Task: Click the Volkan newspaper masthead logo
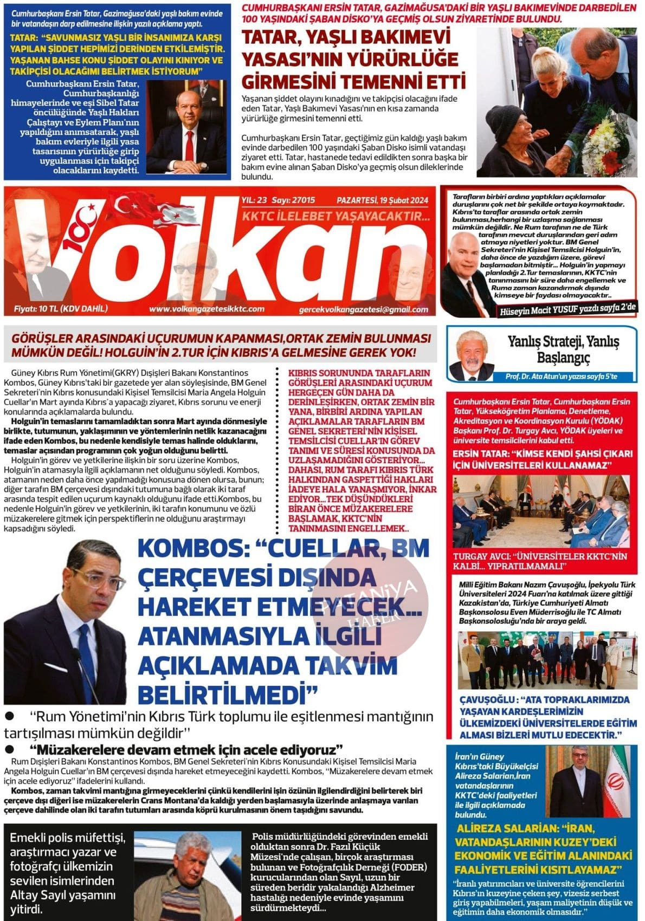pos(217,255)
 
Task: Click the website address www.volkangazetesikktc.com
pos(207,309)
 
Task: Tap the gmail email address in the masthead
pos(363,309)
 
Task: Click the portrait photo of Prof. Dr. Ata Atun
pos(472,355)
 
